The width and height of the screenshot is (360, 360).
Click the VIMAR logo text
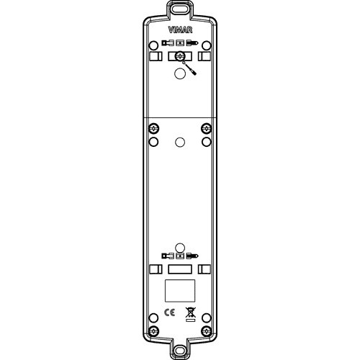180,30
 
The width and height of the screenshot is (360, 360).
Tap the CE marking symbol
169,312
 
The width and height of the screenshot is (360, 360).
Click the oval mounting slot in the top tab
180,9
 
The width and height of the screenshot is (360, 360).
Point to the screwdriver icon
189,68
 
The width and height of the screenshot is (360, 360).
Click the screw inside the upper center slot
180,57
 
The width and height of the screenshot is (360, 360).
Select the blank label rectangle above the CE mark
180,290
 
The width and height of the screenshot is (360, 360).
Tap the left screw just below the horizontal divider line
153,128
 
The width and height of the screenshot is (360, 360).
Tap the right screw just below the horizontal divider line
207,128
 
